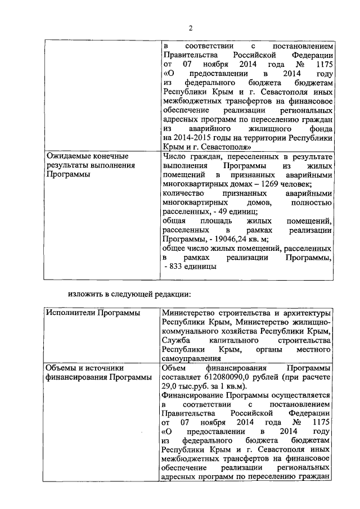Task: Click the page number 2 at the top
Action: click(x=191, y=29)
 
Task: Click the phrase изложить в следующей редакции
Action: click(x=136, y=292)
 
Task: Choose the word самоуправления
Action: click(x=190, y=358)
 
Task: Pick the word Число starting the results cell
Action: click(x=173, y=156)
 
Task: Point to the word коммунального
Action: click(x=189, y=331)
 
